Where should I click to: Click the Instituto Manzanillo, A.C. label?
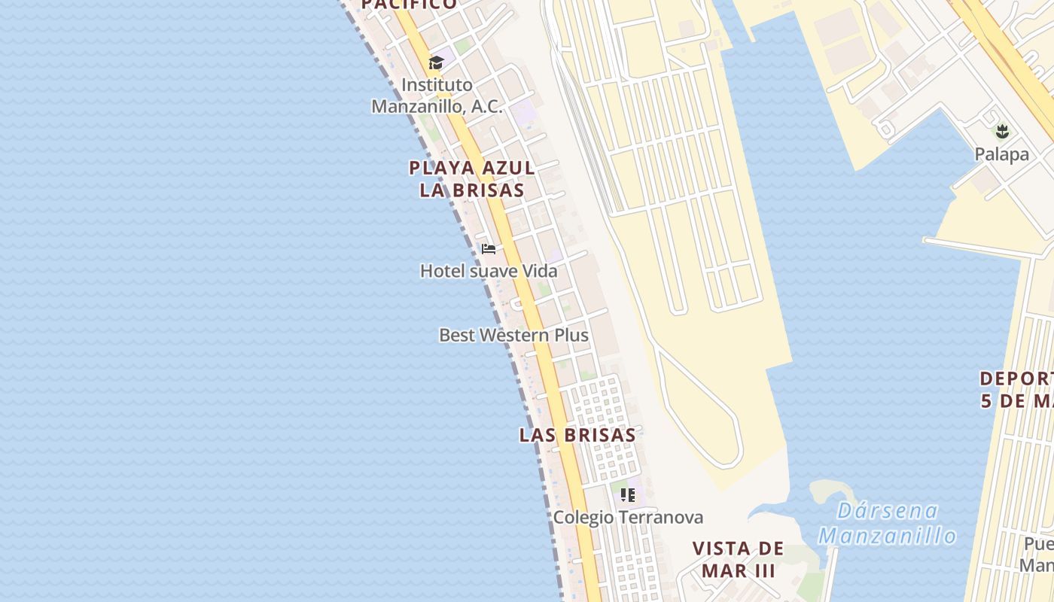pyautogui.click(x=437, y=96)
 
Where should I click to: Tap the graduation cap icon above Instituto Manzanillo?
pyautogui.click(x=436, y=62)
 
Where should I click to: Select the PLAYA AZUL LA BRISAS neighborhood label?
pyautogui.click(x=472, y=178)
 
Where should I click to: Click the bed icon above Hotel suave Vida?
pyautogui.click(x=489, y=248)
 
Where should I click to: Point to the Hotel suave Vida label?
pyautogui.click(x=489, y=271)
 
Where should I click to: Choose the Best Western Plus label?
pyautogui.click(x=513, y=335)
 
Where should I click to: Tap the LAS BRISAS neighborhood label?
pyautogui.click(x=577, y=435)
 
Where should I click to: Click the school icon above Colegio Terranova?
pyautogui.click(x=628, y=495)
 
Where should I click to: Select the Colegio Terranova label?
pyautogui.click(x=628, y=518)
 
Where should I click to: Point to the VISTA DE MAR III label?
pyautogui.click(x=738, y=559)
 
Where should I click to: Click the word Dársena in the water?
pyautogui.click(x=888, y=512)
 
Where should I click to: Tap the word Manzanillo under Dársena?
pyautogui.click(x=888, y=536)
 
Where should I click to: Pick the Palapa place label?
pyautogui.click(x=1001, y=154)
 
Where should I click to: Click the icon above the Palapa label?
pyautogui.click(x=1001, y=132)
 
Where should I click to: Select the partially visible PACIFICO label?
pyautogui.click(x=409, y=5)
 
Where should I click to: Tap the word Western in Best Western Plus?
pyautogui.click(x=514, y=335)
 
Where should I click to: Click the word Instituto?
pyautogui.click(x=437, y=84)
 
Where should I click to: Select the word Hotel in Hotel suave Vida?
pyautogui.click(x=443, y=271)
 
